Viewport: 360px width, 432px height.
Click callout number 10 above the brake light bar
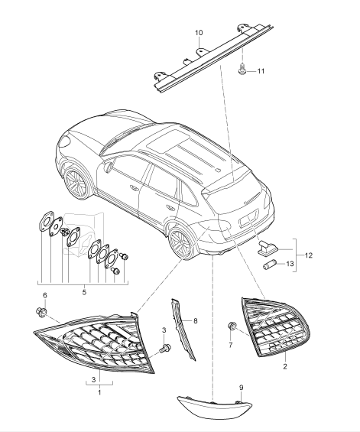(x=199, y=34)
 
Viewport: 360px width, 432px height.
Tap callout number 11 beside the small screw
(x=261, y=71)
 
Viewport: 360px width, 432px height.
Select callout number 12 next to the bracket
(x=309, y=255)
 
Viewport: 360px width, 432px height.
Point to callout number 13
(x=288, y=264)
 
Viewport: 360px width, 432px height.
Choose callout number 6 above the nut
(x=44, y=296)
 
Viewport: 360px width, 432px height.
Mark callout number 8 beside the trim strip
(x=194, y=322)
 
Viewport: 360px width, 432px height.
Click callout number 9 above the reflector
(x=242, y=388)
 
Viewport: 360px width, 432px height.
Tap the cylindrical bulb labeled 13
(x=269, y=264)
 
